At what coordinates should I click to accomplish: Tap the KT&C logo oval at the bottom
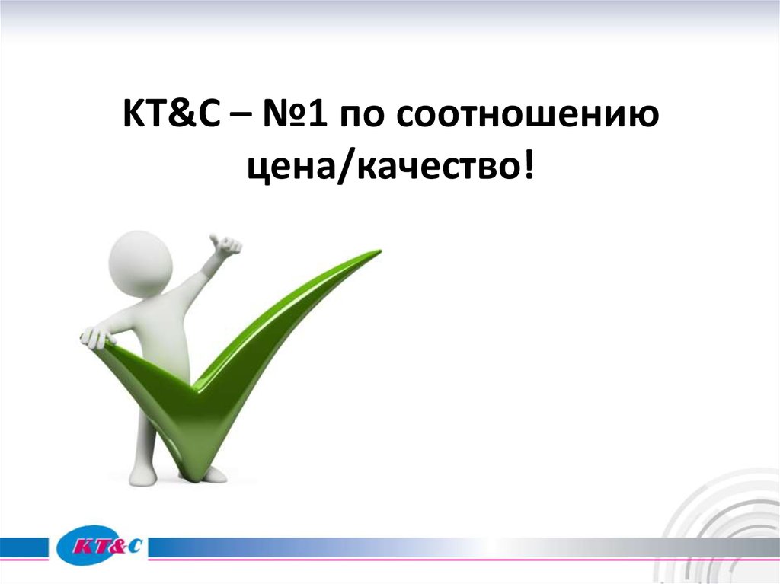pos(101,545)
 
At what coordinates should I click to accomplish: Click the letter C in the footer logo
pos(135,545)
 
